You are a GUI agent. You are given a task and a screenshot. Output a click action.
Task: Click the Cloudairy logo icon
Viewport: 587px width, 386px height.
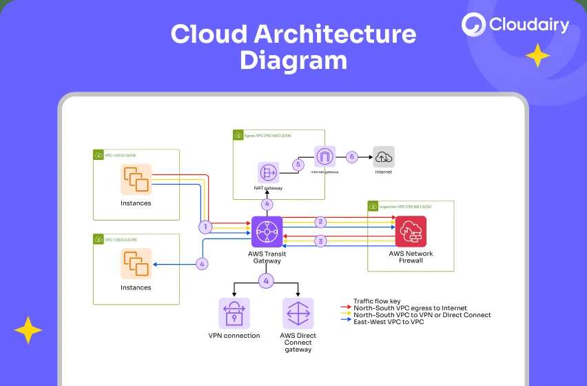(x=474, y=26)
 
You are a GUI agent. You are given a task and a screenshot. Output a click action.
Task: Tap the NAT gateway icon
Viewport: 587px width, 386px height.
(x=267, y=172)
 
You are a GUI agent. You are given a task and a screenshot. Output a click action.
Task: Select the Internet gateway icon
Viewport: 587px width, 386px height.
(x=325, y=156)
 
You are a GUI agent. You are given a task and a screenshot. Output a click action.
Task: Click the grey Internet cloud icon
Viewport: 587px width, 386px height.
(x=384, y=157)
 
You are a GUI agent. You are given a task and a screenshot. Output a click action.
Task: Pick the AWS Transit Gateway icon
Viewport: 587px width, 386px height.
(x=267, y=232)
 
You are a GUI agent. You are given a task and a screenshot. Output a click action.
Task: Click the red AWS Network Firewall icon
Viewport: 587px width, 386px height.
(x=411, y=232)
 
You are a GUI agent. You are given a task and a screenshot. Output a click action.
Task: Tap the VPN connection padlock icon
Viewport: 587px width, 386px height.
(x=234, y=314)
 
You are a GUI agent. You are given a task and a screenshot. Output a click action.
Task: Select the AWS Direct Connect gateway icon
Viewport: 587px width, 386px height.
(x=298, y=314)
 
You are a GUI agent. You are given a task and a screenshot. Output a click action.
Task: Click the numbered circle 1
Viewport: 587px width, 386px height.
(x=205, y=226)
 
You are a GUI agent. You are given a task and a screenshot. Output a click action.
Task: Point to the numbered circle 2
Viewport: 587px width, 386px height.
(x=320, y=222)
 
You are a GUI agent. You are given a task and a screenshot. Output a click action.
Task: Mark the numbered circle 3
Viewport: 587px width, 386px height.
(x=320, y=241)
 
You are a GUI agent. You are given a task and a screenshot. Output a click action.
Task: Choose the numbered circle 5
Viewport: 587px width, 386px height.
(x=298, y=165)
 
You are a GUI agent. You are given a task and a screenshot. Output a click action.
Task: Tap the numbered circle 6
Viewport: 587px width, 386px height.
(x=351, y=156)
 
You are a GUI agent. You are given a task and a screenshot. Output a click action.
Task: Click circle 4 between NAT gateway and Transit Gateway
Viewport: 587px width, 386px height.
(x=267, y=204)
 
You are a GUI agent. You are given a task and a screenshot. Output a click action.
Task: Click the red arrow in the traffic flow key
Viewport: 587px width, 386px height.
(x=346, y=308)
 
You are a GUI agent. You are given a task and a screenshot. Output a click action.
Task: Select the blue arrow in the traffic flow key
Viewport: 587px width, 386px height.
(x=346, y=322)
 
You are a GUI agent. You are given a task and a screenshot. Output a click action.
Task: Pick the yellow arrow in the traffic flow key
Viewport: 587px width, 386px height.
(x=346, y=315)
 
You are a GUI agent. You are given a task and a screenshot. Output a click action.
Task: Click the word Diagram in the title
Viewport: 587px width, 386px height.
(x=293, y=61)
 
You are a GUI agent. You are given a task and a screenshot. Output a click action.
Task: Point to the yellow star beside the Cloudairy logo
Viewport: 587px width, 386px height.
(x=537, y=55)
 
